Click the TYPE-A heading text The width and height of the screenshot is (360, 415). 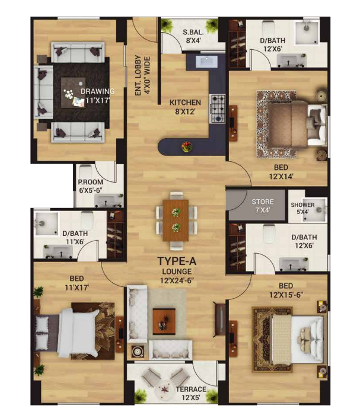tap(177, 261)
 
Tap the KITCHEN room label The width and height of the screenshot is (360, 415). tap(185, 103)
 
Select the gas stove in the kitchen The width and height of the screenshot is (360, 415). tap(217, 108)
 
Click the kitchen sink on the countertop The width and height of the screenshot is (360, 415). tap(206, 62)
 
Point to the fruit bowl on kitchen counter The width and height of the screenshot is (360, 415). tap(187, 147)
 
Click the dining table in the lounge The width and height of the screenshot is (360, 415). tap(176, 221)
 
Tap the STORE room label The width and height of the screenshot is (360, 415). tap(263, 202)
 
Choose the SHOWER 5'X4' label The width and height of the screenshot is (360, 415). tap(302, 208)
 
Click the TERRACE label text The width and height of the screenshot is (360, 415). tap(191, 390)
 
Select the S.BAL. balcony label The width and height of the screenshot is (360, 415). tap(193, 32)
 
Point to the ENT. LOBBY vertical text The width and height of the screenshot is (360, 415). tap(142, 75)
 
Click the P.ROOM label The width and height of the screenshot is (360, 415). tap(91, 182)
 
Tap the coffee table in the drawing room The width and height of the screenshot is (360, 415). tap(74, 92)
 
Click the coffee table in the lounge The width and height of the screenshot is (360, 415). tap(164, 321)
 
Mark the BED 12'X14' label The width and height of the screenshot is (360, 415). tap(281, 172)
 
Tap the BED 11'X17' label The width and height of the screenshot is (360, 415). tap(77, 283)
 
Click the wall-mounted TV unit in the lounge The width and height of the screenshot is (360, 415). tap(220, 319)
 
